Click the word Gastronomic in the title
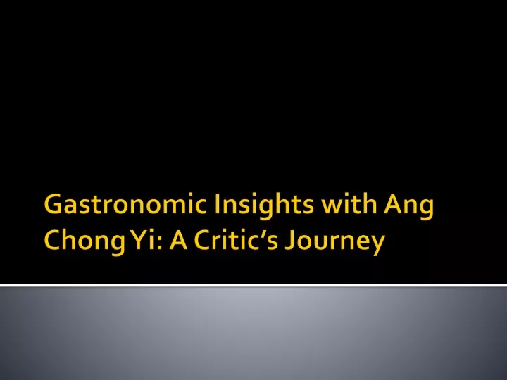[x=125, y=204]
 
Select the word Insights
[x=264, y=205]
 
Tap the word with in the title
[x=349, y=204]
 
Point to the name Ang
[x=408, y=207]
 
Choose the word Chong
[x=84, y=242]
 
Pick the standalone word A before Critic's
[x=178, y=240]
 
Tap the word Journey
[x=335, y=243]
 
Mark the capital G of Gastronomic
[x=53, y=204]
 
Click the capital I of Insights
[x=217, y=204]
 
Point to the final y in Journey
[x=377, y=246]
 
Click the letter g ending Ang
[x=425, y=210]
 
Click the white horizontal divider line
[x=254, y=285]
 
